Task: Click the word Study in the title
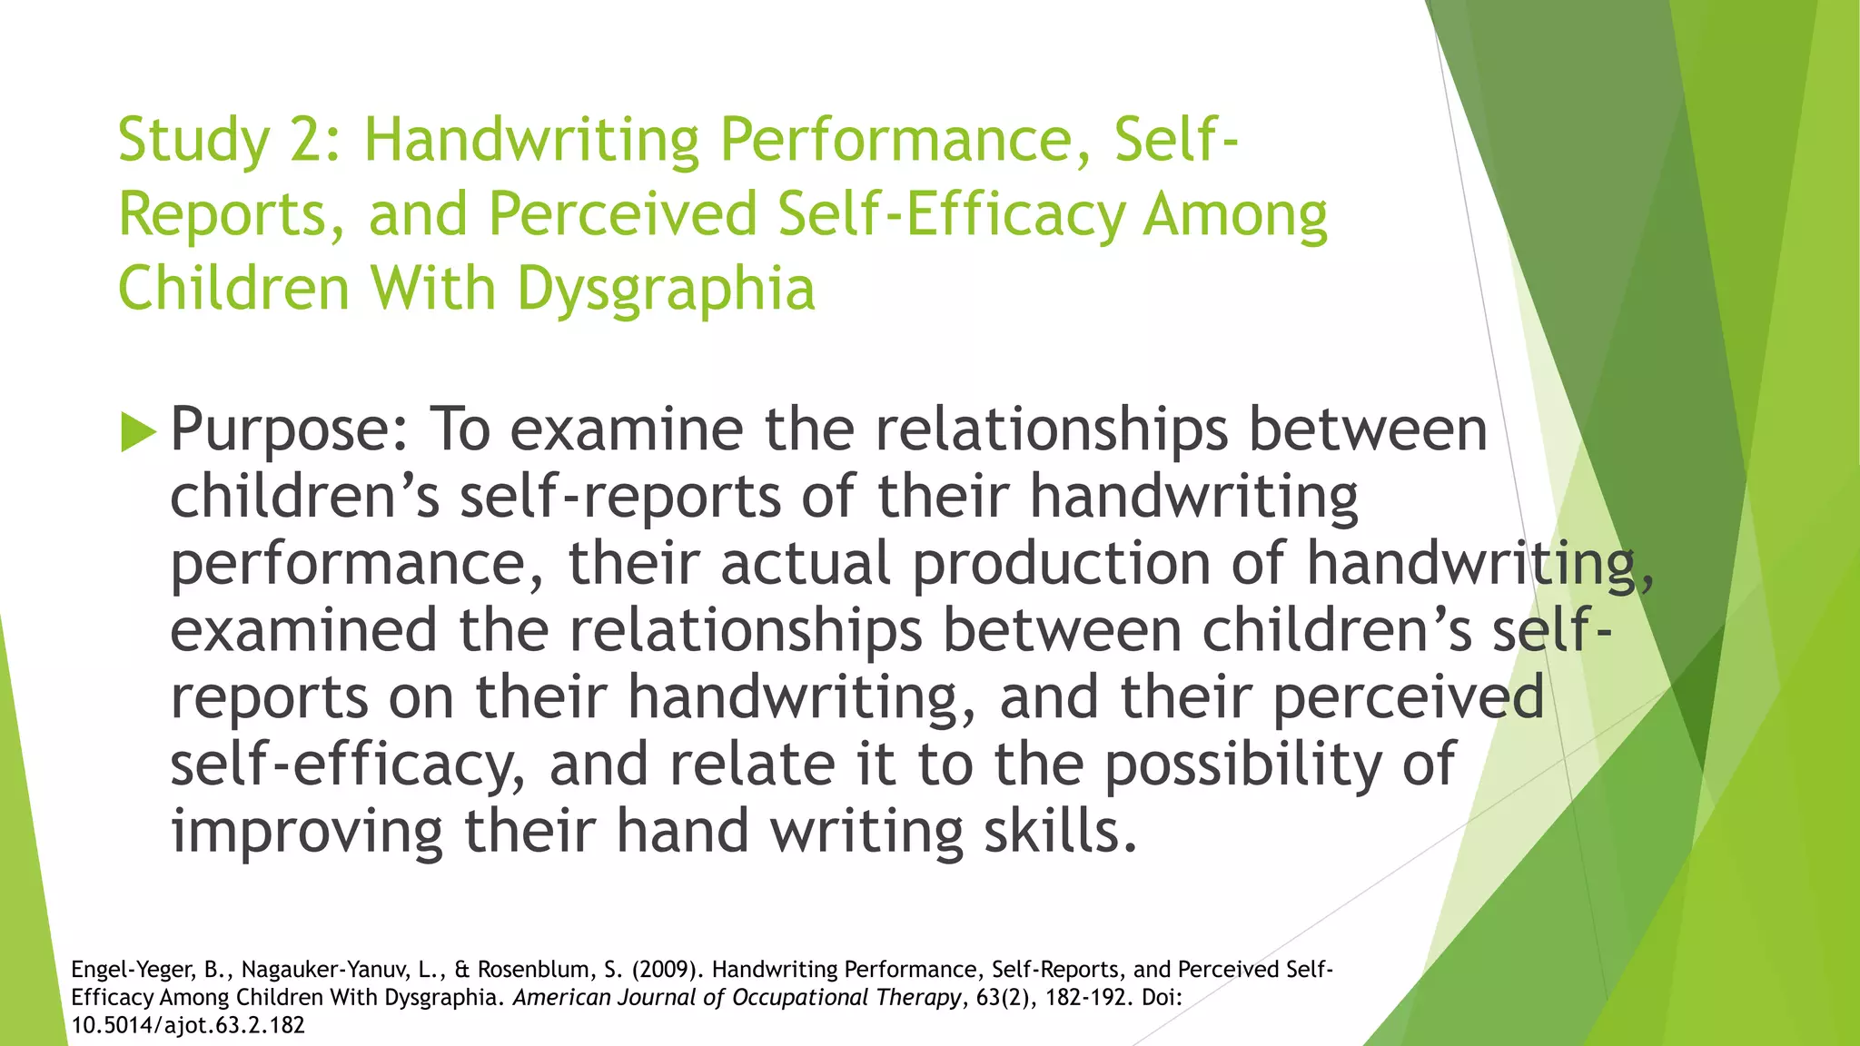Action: tap(193, 141)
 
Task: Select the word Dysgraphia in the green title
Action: tap(666, 289)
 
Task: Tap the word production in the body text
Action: tap(1061, 563)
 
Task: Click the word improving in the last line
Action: tap(307, 832)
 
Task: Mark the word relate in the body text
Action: tap(752, 765)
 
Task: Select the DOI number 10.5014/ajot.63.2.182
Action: tap(188, 1026)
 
